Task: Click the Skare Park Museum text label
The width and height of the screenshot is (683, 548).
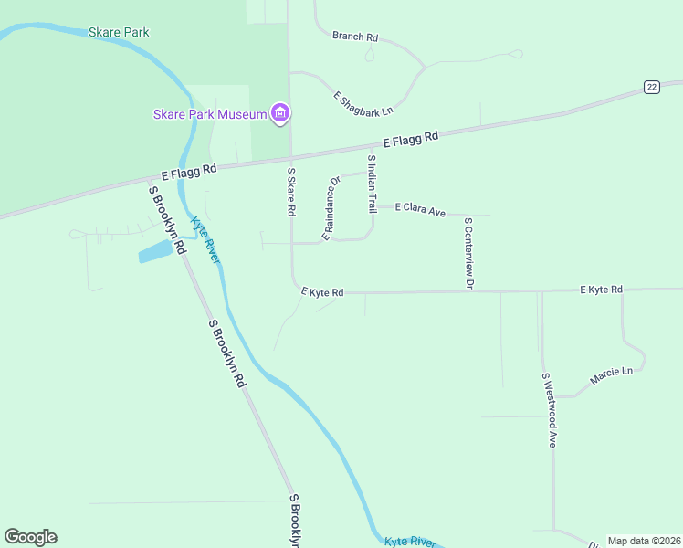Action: tap(209, 114)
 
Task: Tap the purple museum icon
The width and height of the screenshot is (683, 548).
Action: tap(280, 113)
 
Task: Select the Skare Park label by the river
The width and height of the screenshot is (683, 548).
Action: tap(119, 33)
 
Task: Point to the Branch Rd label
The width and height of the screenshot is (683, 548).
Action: tap(355, 37)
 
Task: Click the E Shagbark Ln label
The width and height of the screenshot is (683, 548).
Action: tap(363, 103)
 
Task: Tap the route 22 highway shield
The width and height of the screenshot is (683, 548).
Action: tap(650, 87)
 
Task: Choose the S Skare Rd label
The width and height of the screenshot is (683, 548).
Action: tap(291, 191)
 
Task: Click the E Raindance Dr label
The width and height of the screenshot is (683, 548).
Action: tap(331, 209)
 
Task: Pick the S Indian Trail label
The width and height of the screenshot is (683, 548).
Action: tap(372, 184)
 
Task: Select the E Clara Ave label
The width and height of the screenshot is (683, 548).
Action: tap(420, 210)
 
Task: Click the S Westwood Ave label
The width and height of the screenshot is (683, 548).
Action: tap(549, 410)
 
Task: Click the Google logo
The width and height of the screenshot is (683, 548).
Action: tap(30, 537)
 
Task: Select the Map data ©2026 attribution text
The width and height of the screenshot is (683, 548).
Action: tap(645, 541)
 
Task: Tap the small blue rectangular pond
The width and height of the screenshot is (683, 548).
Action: tap(155, 250)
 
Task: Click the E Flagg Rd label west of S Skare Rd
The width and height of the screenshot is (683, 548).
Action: tap(189, 171)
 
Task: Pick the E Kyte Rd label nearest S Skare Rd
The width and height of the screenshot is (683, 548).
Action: tap(322, 292)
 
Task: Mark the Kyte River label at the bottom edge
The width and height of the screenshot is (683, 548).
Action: tap(409, 542)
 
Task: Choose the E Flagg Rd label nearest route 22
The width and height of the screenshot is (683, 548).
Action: tap(411, 140)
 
